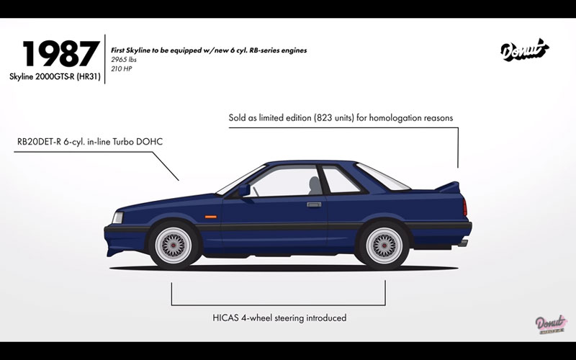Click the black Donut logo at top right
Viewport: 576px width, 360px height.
(523, 50)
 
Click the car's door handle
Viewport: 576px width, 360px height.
(314, 204)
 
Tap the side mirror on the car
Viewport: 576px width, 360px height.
(244, 190)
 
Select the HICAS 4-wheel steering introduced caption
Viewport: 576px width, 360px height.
(279, 318)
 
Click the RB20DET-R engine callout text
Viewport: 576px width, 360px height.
(90, 141)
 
